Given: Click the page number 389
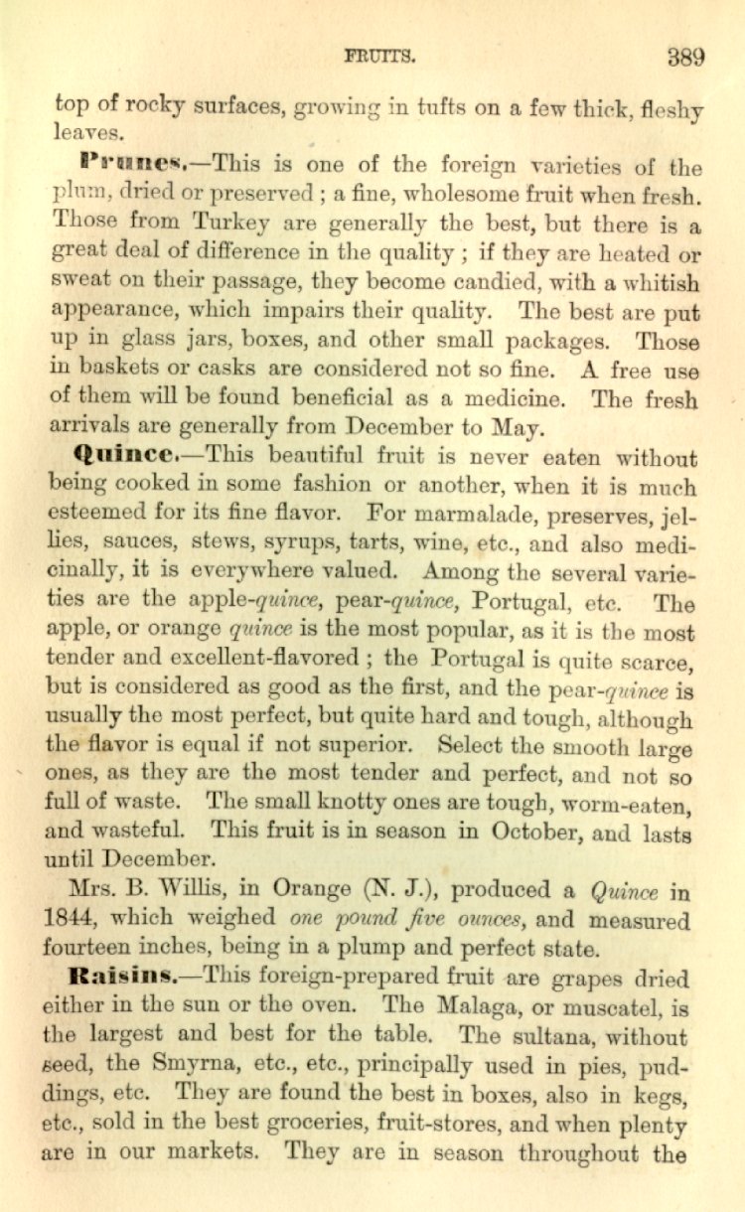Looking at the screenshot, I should (x=685, y=56).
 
